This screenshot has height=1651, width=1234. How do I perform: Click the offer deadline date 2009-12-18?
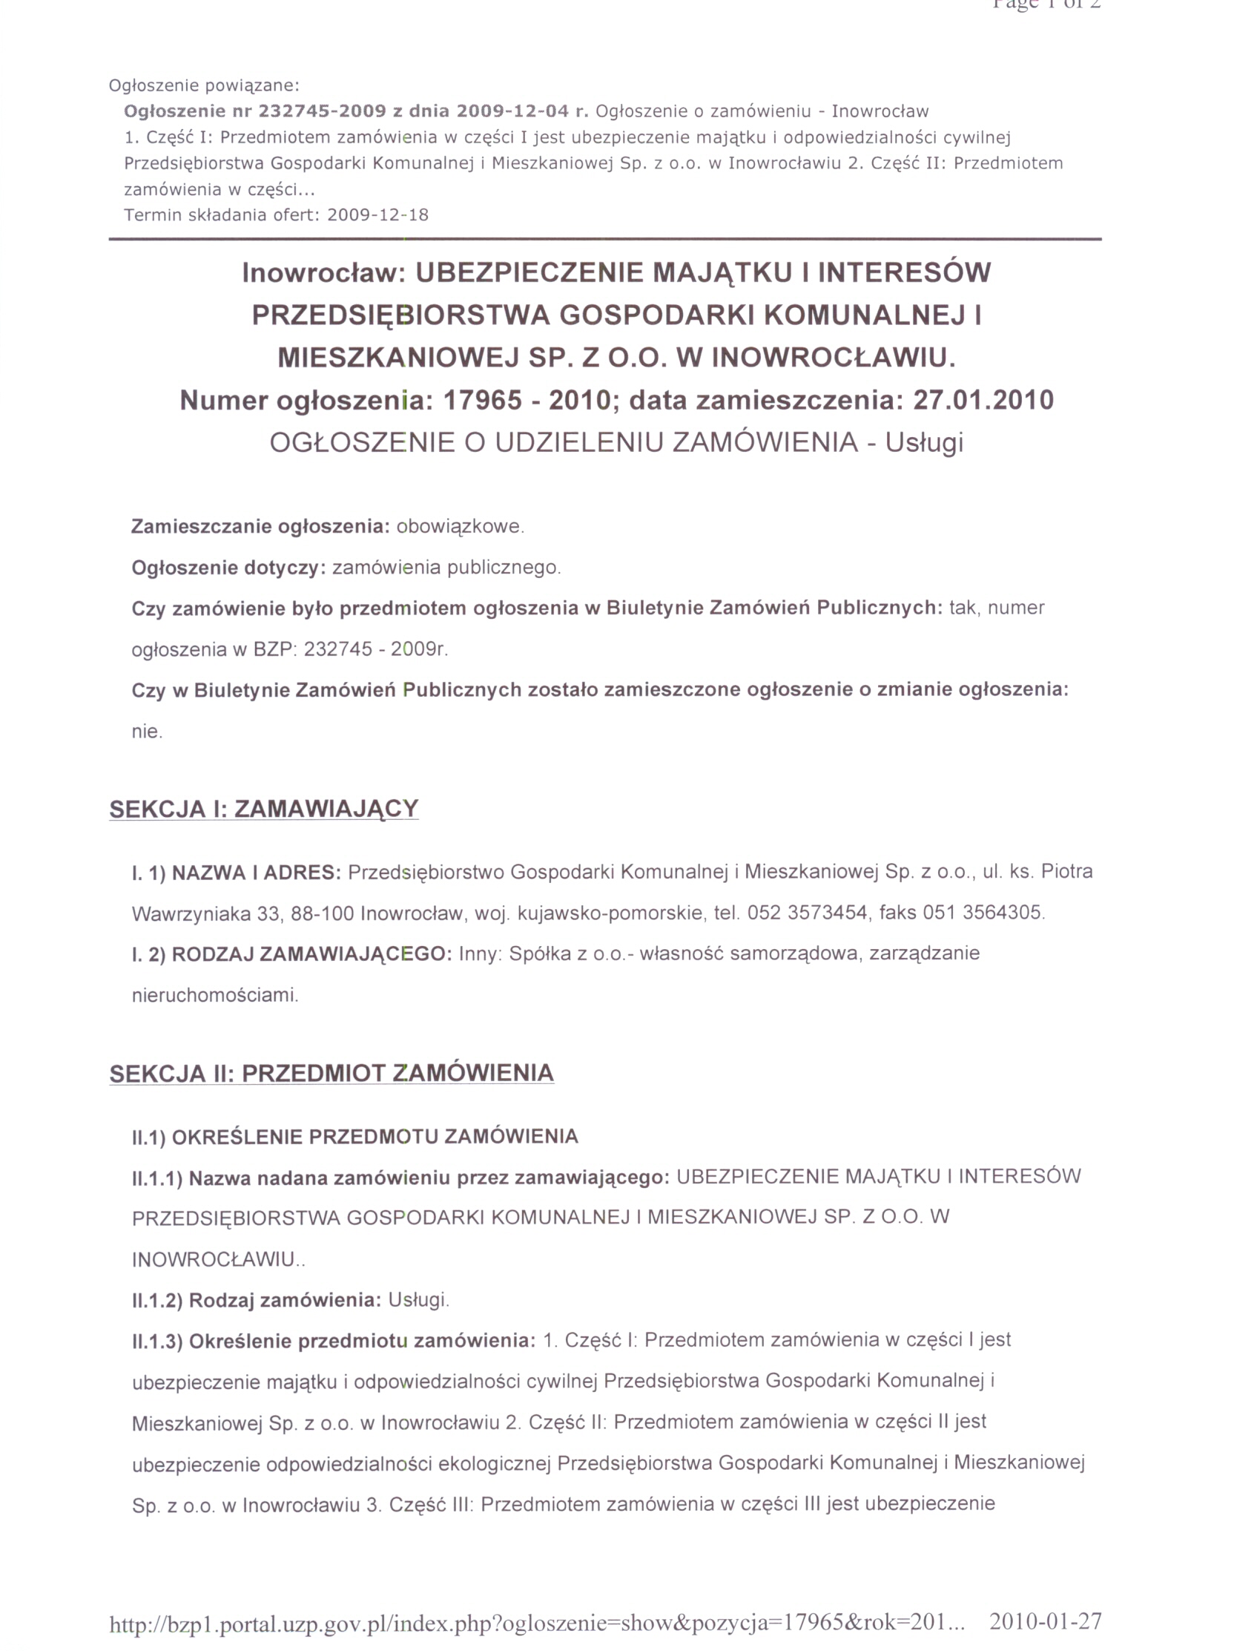pos(377,216)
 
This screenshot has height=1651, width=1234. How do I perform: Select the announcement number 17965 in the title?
pos(482,401)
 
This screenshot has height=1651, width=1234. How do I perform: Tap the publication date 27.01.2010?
pos(983,401)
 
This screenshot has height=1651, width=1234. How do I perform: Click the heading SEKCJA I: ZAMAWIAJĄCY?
pos(263,809)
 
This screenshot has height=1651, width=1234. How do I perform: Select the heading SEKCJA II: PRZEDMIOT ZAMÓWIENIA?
pos(331,1073)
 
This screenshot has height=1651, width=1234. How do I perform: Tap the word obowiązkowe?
pos(460,527)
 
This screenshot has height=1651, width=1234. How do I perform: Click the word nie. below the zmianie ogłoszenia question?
pos(147,732)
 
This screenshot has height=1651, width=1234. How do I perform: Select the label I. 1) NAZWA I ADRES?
pos(236,873)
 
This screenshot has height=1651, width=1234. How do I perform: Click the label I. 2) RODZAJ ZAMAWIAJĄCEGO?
pos(291,955)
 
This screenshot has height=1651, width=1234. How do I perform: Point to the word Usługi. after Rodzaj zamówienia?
pos(418,1300)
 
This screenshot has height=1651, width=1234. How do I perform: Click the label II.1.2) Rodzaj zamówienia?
pos(257,1300)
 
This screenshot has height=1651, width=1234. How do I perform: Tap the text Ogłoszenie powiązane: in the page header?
pos(204,86)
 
